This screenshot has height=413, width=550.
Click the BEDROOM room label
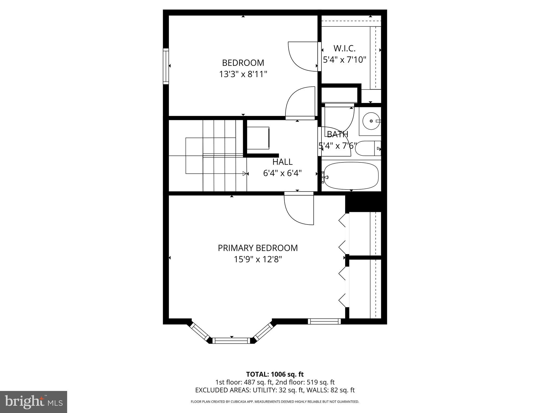point(243,63)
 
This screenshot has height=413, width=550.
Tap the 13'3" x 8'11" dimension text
point(243,74)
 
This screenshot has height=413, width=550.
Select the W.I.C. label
point(344,48)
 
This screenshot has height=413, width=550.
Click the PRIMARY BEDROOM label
point(258,248)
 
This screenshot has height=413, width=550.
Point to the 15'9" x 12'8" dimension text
point(258,259)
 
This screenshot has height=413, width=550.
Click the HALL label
point(282,162)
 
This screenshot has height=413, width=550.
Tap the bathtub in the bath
point(351,176)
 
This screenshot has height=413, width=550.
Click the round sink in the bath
point(371,121)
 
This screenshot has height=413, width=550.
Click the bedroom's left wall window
point(166,66)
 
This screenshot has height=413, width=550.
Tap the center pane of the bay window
point(231,341)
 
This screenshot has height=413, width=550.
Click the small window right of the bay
point(324,321)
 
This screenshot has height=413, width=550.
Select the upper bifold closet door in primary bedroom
point(343,234)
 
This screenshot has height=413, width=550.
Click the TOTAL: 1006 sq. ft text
point(275,374)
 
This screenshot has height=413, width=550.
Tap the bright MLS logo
point(34,402)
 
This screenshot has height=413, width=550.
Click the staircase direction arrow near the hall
point(244,174)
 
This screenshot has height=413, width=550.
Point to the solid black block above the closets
point(365,203)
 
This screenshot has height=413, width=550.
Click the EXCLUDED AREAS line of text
point(275,390)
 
